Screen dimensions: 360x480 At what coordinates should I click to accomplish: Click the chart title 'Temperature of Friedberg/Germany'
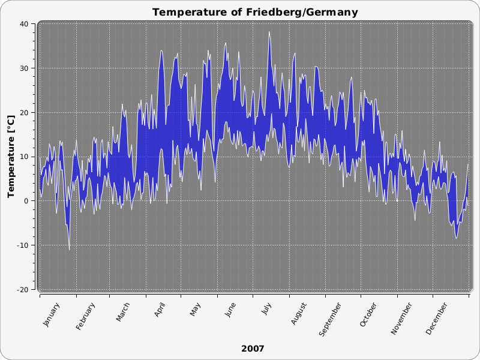[255, 12]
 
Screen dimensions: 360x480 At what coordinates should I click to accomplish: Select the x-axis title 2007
[253, 348]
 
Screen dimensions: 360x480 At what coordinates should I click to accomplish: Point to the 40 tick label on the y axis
[24, 24]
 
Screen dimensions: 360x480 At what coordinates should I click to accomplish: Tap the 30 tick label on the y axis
[24, 68]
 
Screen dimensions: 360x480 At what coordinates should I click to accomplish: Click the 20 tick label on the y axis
[24, 113]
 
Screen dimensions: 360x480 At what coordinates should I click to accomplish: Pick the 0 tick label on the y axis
[26, 201]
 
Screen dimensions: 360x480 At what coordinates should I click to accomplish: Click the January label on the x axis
[52, 315]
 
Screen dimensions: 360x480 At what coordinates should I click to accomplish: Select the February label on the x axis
[86, 317]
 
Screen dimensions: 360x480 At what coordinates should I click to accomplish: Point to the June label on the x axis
[230, 310]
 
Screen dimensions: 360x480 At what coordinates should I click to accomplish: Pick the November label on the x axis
[402, 319]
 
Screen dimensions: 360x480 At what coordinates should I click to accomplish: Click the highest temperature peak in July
[269, 32]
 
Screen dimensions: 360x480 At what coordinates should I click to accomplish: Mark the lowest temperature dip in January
[69, 250]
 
